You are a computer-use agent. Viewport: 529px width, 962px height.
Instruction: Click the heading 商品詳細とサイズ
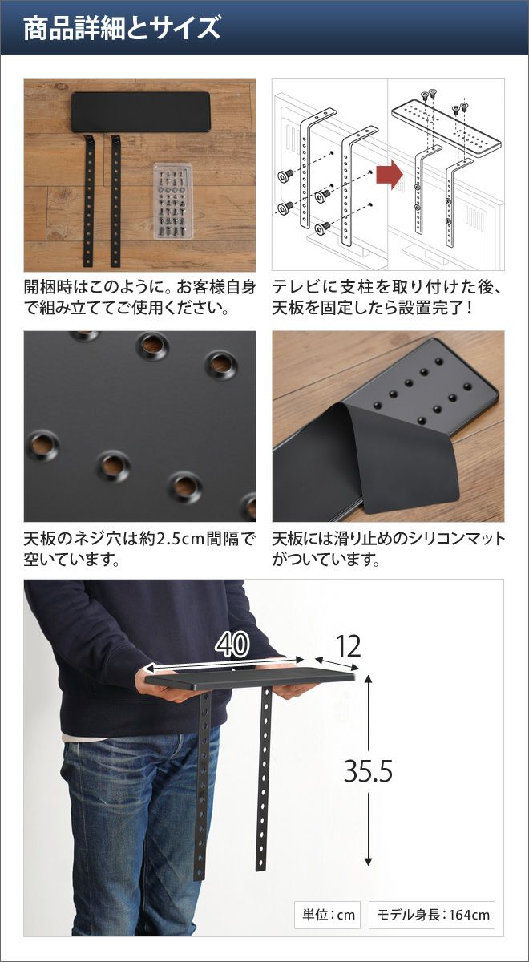click(x=122, y=28)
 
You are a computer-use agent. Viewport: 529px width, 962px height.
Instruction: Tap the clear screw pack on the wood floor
click(x=173, y=200)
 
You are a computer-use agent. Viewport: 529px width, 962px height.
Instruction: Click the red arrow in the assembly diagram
click(x=390, y=175)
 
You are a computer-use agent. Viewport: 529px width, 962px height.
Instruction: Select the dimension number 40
click(x=232, y=645)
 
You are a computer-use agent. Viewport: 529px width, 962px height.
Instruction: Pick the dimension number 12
click(x=348, y=646)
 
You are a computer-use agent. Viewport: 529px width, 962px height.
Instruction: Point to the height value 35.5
click(x=369, y=771)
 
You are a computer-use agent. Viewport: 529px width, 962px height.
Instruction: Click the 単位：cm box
click(x=328, y=915)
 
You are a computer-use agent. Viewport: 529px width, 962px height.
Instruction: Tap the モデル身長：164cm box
click(x=431, y=915)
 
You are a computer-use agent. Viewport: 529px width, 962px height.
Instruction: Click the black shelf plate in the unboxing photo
click(x=141, y=111)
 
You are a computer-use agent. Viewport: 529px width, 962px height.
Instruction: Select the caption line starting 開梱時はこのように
click(x=140, y=287)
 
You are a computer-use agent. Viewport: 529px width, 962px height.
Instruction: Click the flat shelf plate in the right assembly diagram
click(x=446, y=127)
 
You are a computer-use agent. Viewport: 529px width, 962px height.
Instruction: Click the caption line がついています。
click(x=326, y=560)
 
